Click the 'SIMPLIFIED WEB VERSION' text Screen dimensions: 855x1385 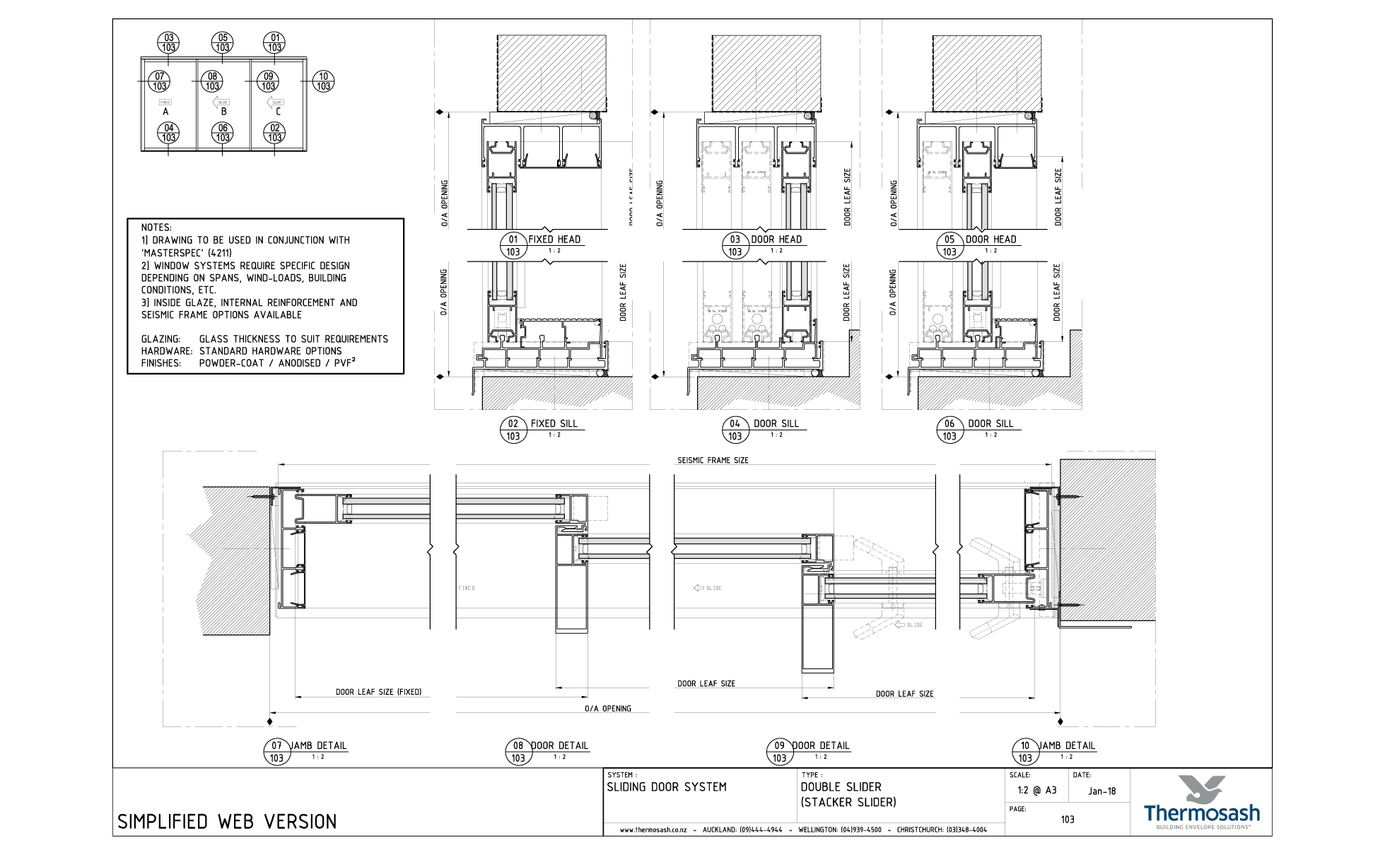tap(227, 822)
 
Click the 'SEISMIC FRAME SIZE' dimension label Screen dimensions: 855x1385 tap(713, 460)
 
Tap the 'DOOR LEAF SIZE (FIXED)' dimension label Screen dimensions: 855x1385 tap(378, 692)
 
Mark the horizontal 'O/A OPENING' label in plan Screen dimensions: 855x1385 tap(607, 708)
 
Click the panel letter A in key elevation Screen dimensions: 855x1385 tap(165, 112)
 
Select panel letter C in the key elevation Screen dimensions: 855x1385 tap(278, 112)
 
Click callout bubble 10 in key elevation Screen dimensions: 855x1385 tap(323, 81)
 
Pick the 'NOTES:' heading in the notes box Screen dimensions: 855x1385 tap(156, 228)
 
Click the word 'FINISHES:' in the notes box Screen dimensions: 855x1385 tap(161, 363)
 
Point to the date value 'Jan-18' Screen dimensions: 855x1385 tap(1101, 791)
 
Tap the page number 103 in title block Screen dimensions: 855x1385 tap(1067, 820)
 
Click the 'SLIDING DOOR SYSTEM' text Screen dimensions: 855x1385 tap(666, 787)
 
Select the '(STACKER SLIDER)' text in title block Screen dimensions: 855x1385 tap(848, 803)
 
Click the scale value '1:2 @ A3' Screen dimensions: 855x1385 tap(1036, 790)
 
